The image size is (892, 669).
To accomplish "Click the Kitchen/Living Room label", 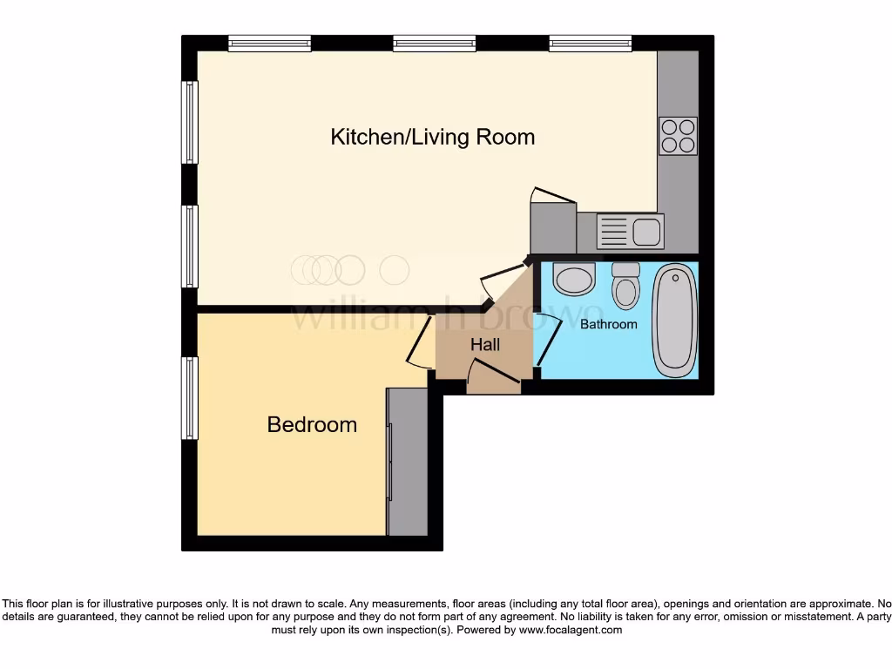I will pyautogui.click(x=432, y=137).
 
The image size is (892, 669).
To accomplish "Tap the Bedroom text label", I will pyautogui.click(x=312, y=424).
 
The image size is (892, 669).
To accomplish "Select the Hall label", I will pyautogui.click(x=485, y=345).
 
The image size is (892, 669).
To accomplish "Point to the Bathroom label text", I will pyautogui.click(x=609, y=324).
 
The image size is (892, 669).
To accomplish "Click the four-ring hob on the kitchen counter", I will pyautogui.click(x=679, y=135).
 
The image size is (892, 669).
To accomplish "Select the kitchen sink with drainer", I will pyautogui.click(x=630, y=233).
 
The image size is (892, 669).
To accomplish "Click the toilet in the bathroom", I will pyautogui.click(x=625, y=286).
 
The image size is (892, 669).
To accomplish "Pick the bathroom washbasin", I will pyautogui.click(x=574, y=279).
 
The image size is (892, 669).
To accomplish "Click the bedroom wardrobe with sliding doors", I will pyautogui.click(x=408, y=462).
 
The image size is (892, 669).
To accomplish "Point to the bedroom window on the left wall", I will pyautogui.click(x=190, y=397).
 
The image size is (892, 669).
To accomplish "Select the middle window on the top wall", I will pyautogui.click(x=434, y=43).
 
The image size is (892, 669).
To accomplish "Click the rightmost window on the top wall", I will pyautogui.click(x=590, y=43).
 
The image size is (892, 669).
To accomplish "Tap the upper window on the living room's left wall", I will pyautogui.click(x=190, y=122).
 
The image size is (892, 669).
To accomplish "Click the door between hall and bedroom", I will pyautogui.click(x=419, y=343).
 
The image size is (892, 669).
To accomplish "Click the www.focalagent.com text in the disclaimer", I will pyautogui.click(x=571, y=630).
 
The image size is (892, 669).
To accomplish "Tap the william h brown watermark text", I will pyautogui.click(x=444, y=315).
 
